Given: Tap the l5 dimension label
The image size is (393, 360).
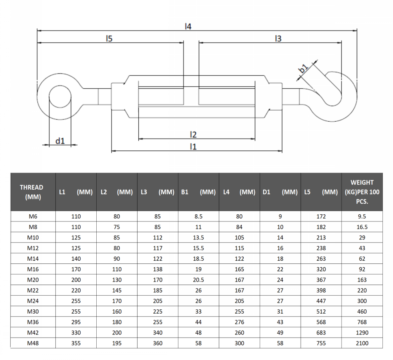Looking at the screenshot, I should [x=109, y=38].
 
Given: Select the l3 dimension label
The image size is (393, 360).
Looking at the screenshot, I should [x=278, y=38].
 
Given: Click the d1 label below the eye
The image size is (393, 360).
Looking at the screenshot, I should [x=60, y=141].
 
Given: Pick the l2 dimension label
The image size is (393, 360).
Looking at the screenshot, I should [x=193, y=134].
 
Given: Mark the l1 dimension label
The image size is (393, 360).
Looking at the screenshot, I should [x=193, y=146].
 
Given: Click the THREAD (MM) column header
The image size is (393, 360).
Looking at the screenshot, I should [x=31, y=192].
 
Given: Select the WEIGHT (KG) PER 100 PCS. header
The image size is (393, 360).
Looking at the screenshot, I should [x=362, y=192].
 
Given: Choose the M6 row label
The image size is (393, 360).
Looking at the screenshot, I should [x=33, y=216].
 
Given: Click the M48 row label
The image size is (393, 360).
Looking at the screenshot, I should [x=33, y=343].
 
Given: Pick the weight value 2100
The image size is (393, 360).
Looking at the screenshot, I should [x=362, y=343].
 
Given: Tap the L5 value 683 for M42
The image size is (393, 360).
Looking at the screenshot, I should [x=321, y=333].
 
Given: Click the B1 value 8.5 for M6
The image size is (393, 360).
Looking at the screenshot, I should [x=198, y=216].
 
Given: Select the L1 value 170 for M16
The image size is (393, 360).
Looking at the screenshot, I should [x=76, y=269].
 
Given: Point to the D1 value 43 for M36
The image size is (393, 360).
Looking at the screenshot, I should [x=280, y=322].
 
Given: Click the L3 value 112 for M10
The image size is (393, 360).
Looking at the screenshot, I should [x=158, y=238].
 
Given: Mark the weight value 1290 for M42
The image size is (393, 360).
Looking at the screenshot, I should [x=362, y=333].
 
